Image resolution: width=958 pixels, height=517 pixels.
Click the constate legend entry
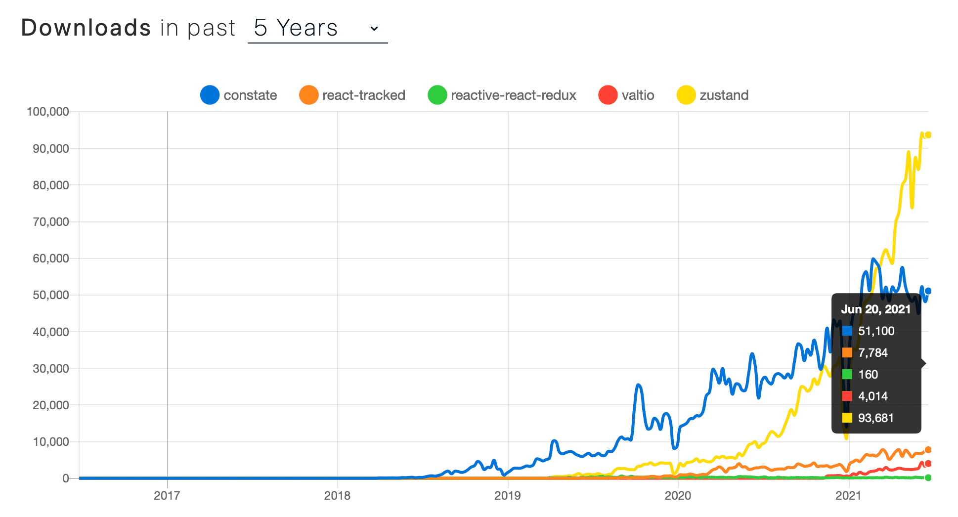(x=239, y=95)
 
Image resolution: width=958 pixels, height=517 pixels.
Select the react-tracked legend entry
(x=352, y=95)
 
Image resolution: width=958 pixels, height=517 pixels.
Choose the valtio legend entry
(x=626, y=95)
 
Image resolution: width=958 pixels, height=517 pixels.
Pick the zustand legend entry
(x=713, y=95)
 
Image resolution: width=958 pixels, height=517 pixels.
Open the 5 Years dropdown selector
(x=317, y=28)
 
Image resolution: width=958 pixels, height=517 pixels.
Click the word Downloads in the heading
(x=86, y=28)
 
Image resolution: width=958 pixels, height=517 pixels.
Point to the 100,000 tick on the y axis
(x=48, y=112)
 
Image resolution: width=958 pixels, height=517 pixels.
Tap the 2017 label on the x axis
(x=167, y=496)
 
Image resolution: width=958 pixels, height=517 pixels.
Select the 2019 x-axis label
(x=508, y=496)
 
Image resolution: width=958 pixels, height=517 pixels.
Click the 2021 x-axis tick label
(x=848, y=496)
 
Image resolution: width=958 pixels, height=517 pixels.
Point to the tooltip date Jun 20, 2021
(x=875, y=309)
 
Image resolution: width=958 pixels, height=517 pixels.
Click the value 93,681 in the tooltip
(x=875, y=418)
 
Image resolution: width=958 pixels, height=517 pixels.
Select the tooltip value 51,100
(x=876, y=331)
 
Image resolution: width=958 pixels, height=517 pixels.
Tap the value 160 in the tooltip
(x=868, y=375)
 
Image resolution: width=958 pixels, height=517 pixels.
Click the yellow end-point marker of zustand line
(x=928, y=135)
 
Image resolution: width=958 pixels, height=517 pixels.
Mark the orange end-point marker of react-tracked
(x=928, y=450)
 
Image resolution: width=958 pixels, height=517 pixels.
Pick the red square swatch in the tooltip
(x=847, y=396)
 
